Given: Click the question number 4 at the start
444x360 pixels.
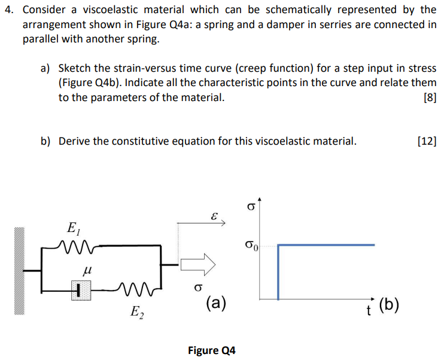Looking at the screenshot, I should click(x=8, y=10).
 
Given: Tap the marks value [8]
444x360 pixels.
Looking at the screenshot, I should click(x=428, y=97).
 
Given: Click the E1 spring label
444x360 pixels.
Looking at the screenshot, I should click(x=72, y=228).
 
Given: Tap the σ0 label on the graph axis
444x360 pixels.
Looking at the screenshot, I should click(x=251, y=245).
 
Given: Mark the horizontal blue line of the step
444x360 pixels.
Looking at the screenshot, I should click(x=326, y=245).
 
